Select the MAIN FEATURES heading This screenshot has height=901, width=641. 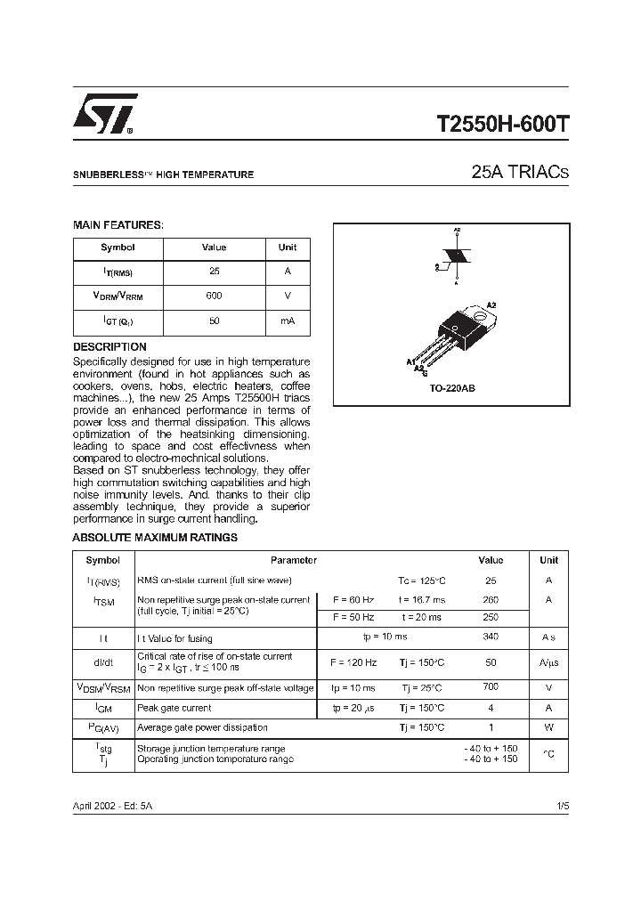pyautogui.click(x=118, y=225)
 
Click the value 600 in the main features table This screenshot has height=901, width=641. pyautogui.click(x=214, y=296)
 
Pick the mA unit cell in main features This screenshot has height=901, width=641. pyautogui.click(x=288, y=321)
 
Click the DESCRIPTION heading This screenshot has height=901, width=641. pyautogui.click(x=110, y=346)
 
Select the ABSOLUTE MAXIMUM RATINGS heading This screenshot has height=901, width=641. pyautogui.click(x=155, y=538)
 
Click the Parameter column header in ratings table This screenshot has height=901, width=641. pyautogui.click(x=294, y=561)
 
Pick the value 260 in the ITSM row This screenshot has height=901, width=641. pyautogui.click(x=491, y=600)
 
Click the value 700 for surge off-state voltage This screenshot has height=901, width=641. pyautogui.click(x=491, y=688)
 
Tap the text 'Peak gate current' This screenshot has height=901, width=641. pyautogui.click(x=174, y=709)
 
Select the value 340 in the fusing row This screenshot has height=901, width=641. pyautogui.click(x=491, y=637)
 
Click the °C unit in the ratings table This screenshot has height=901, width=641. pyautogui.click(x=548, y=753)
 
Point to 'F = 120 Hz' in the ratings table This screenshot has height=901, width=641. pyautogui.click(x=353, y=663)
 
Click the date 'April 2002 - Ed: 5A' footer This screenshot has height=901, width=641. pyautogui.click(x=112, y=805)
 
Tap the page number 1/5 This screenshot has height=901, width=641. pyautogui.click(x=563, y=805)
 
